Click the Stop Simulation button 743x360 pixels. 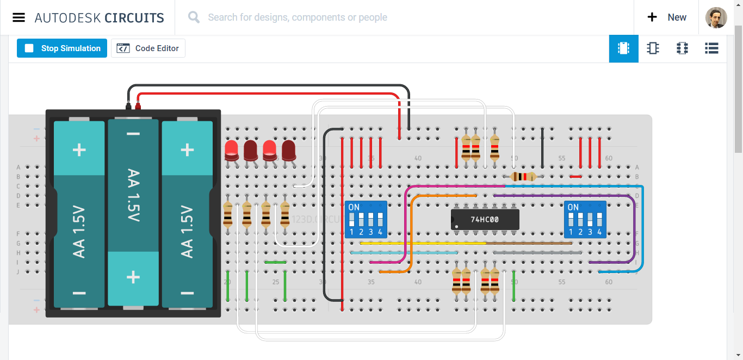(x=62, y=48)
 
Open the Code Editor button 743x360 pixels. (x=148, y=48)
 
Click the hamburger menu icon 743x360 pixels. (x=18, y=17)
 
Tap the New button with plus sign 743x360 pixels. (x=667, y=17)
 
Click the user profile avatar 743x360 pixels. (x=716, y=17)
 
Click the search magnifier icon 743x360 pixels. (x=194, y=17)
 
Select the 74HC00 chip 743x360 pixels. (x=485, y=220)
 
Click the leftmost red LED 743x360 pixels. (x=232, y=150)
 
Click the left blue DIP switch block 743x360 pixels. (x=366, y=220)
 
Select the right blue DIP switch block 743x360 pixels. (x=585, y=220)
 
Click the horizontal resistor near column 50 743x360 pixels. (x=523, y=176)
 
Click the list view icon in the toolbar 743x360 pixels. (x=711, y=48)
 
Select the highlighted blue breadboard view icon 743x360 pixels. (x=623, y=48)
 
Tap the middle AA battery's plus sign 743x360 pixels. (x=133, y=277)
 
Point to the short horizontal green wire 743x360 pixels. (x=275, y=262)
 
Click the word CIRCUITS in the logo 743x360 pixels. (x=134, y=17)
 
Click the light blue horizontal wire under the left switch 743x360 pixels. (x=403, y=253)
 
